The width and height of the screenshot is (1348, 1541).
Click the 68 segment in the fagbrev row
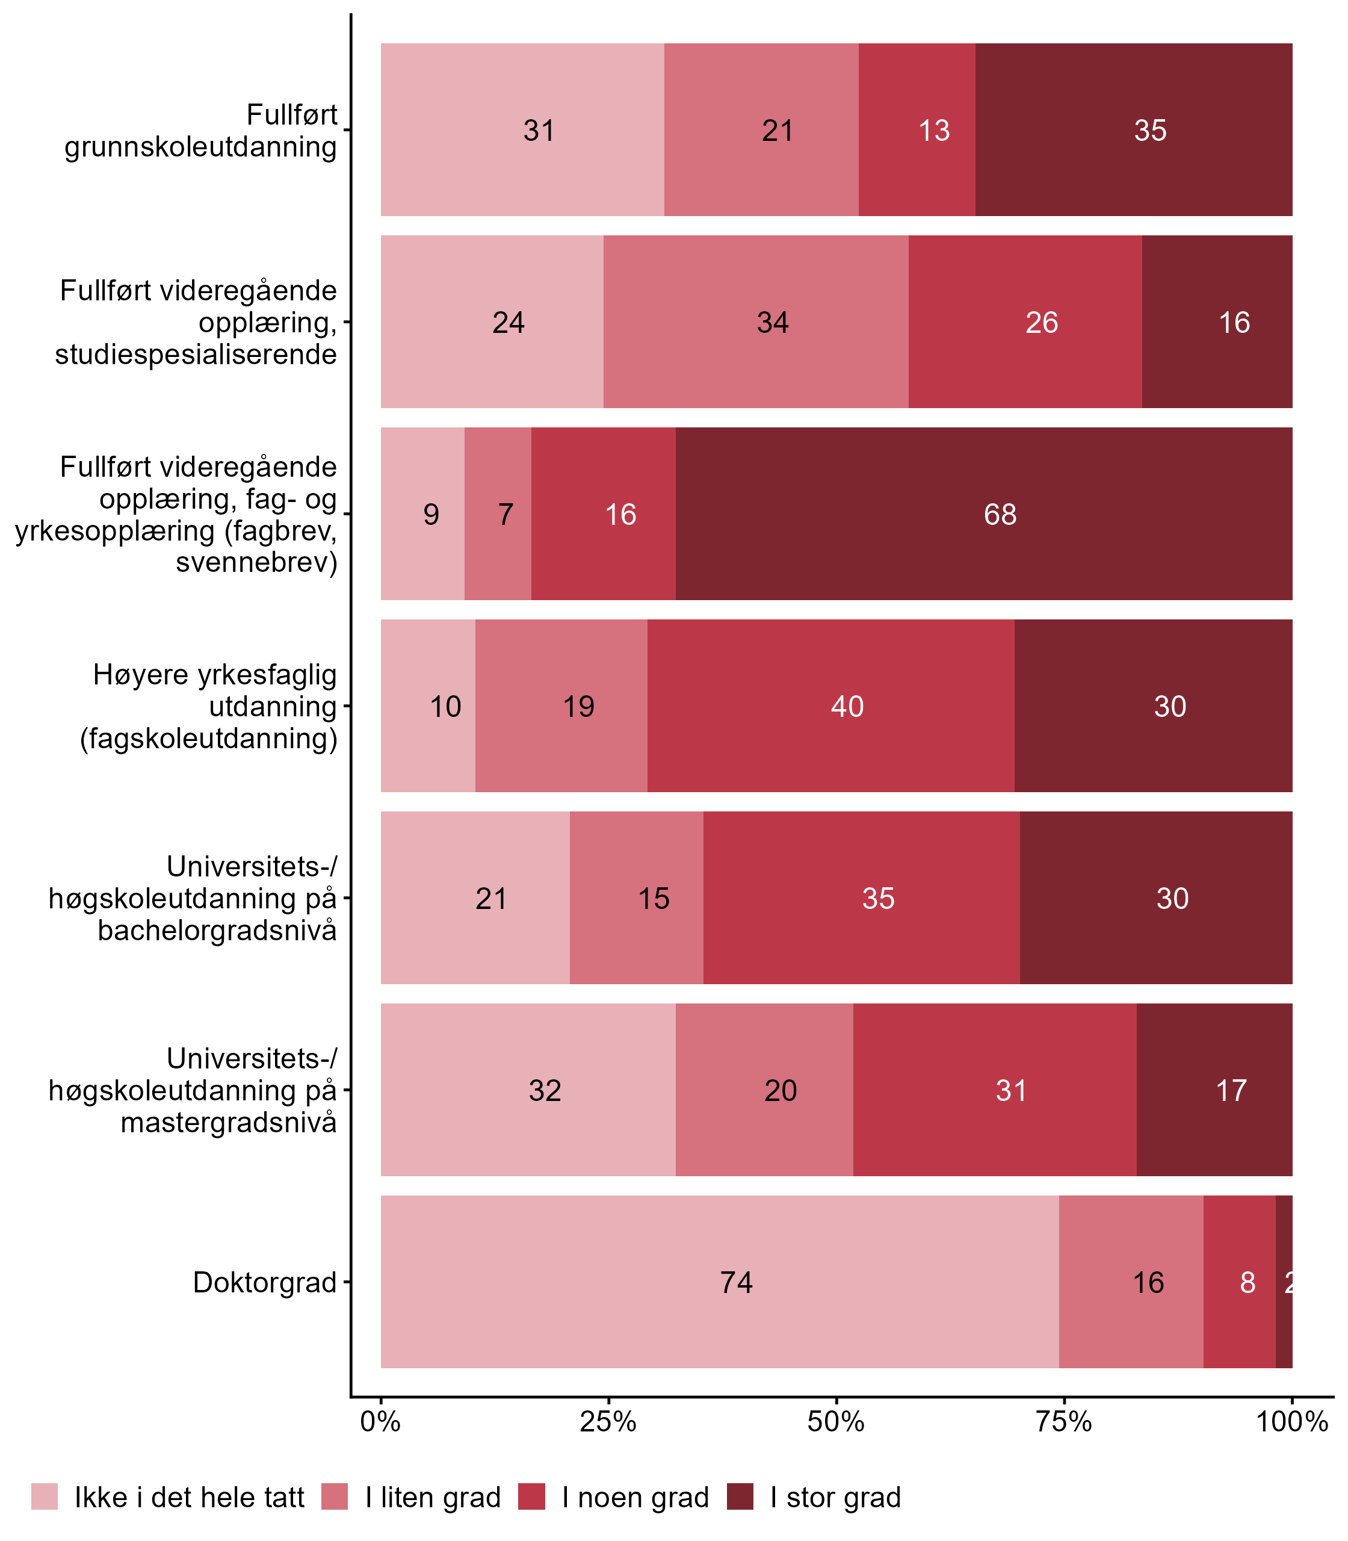coord(983,514)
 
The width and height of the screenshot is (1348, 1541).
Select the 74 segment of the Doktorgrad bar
coord(719,1282)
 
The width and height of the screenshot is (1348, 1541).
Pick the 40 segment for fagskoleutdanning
coord(830,705)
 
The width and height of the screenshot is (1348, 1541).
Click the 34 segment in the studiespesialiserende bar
coord(755,322)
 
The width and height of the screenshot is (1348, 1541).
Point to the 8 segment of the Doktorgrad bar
coord(1239,1282)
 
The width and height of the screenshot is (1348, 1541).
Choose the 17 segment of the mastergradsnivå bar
coord(1214,1090)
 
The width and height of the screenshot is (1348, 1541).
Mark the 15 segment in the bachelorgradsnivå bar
coord(637,898)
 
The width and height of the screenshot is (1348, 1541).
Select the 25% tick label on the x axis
coord(608,1421)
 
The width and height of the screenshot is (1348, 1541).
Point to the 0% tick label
coord(380,1421)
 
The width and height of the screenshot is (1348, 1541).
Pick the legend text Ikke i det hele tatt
coord(190,1498)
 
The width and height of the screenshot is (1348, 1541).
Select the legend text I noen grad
coord(635,1498)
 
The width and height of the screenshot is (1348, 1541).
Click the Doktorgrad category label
coord(265,1282)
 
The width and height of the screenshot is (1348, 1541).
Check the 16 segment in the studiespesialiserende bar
coord(1216,322)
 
